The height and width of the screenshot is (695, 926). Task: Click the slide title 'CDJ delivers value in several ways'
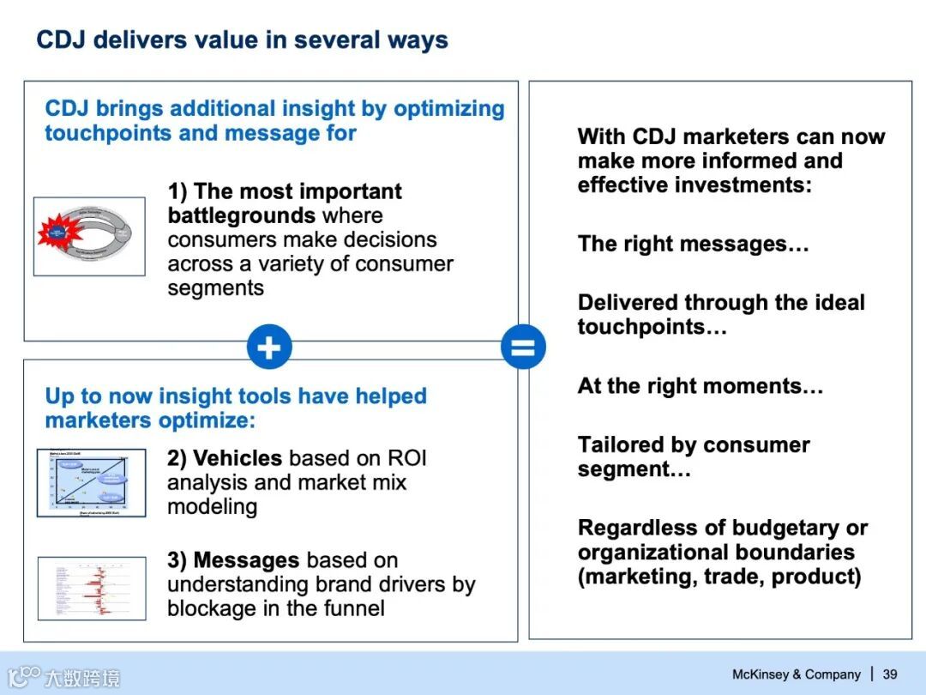[242, 40]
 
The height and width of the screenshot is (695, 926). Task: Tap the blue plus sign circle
[269, 347]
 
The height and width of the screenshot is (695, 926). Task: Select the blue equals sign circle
[523, 347]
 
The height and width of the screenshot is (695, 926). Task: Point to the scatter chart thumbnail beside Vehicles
[91, 482]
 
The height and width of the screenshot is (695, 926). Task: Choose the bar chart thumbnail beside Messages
[92, 588]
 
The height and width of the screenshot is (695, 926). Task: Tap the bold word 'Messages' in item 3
[247, 560]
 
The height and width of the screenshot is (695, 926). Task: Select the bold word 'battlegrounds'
[242, 215]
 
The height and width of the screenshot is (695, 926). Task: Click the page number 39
[890, 674]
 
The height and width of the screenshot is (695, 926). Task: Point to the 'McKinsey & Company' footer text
[796, 674]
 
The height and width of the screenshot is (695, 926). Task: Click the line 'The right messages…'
[693, 244]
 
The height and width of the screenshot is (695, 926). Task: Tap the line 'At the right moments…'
[700, 386]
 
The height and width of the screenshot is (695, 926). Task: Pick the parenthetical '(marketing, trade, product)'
[719, 576]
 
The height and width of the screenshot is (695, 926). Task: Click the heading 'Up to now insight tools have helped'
[236, 396]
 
